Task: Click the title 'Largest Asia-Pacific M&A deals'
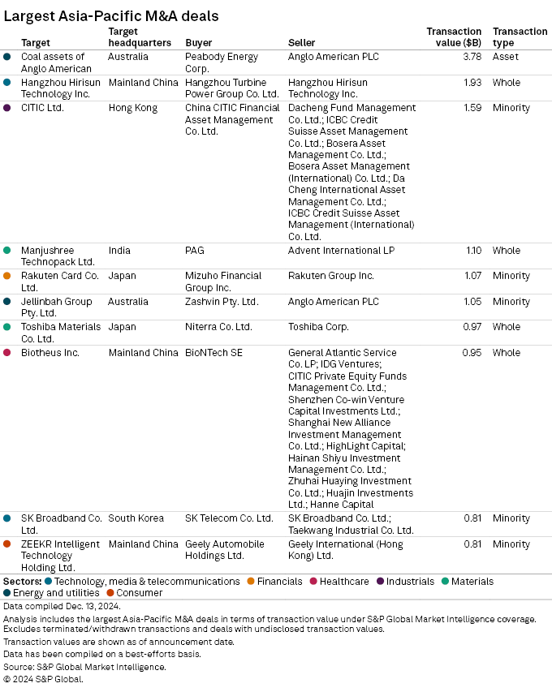(x=111, y=15)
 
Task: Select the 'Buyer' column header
(x=200, y=42)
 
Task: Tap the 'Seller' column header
(x=302, y=42)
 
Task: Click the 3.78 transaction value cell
(x=471, y=57)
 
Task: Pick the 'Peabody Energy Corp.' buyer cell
(x=222, y=62)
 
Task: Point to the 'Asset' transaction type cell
(x=506, y=57)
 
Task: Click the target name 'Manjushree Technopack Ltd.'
(x=58, y=256)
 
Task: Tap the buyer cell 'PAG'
(x=195, y=251)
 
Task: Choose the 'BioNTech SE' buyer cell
(x=213, y=353)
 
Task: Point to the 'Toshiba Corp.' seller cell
(x=318, y=327)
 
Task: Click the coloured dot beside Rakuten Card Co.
(x=7, y=276)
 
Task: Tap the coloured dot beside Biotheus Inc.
(x=7, y=353)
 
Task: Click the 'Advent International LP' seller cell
(x=341, y=251)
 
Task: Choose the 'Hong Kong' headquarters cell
(x=132, y=108)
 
